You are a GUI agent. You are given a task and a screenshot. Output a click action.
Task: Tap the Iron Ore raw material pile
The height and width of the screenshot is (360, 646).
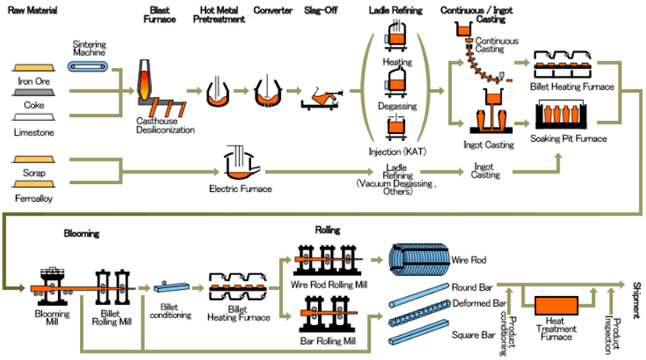tap(34, 68)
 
